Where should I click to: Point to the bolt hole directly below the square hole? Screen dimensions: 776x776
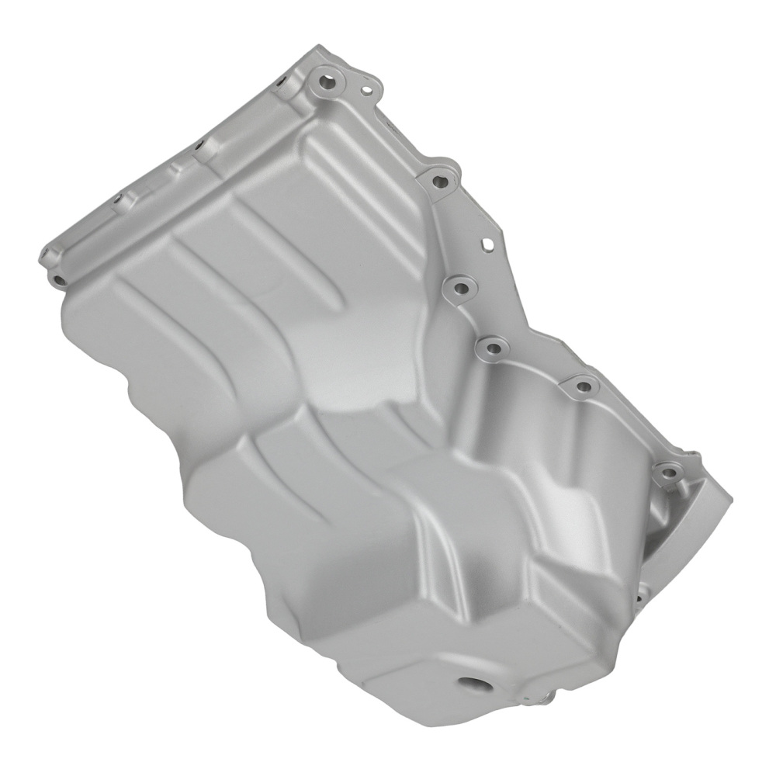coord(460,289)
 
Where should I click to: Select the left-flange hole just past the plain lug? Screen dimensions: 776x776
coord(118,199)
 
